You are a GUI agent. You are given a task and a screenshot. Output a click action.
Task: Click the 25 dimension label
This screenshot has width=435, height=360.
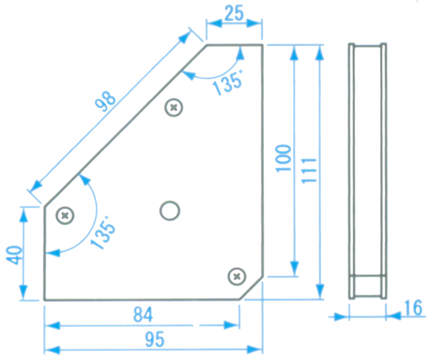tap(234, 13)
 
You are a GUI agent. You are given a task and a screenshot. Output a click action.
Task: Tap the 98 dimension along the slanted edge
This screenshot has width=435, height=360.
tap(106, 101)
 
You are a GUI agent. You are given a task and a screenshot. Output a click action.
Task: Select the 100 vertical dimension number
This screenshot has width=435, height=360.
tap(283, 159)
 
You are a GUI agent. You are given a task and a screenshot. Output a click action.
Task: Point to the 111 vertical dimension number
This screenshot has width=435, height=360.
tap(309, 171)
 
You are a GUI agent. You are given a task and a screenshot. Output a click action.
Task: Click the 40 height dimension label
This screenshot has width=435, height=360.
tap(14, 255)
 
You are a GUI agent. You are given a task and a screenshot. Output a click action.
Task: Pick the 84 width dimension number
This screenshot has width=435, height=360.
tap(143, 315)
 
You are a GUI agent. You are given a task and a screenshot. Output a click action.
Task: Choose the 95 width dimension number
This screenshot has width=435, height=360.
tap(154, 339)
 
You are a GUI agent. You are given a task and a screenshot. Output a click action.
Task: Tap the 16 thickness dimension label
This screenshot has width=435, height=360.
tap(414, 308)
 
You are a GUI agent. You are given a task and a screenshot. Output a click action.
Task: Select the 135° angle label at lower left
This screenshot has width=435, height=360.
tap(103, 233)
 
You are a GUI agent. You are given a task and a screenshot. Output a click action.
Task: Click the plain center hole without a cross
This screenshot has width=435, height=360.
tap(170, 211)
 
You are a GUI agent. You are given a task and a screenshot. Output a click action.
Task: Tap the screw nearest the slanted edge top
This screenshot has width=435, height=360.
tap(173, 107)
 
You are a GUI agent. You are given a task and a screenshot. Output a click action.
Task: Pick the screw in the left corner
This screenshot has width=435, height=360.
tap(65, 215)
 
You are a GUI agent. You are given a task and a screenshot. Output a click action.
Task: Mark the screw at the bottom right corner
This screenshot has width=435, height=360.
tap(237, 276)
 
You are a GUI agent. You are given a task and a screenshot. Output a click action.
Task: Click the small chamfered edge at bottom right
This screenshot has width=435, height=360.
tap(251, 288)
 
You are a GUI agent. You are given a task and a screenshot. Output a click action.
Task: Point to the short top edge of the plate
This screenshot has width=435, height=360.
tap(234, 45)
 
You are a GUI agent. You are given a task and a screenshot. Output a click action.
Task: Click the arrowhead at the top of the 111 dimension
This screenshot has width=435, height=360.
tap(320, 53)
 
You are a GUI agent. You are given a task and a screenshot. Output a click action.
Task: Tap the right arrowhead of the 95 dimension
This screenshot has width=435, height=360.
tap(255, 350)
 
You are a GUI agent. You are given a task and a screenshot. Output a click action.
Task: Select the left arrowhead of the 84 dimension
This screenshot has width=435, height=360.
tap(53, 325)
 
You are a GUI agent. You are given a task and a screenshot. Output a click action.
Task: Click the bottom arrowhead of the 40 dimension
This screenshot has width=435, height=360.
tap(24, 292)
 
